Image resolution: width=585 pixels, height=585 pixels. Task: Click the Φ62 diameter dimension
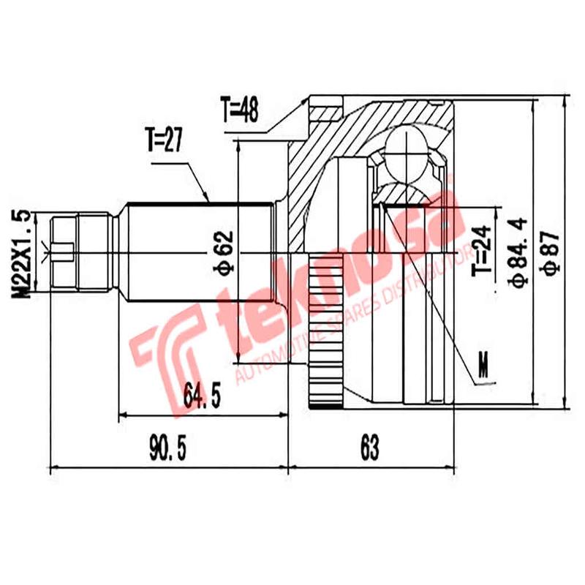224,252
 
